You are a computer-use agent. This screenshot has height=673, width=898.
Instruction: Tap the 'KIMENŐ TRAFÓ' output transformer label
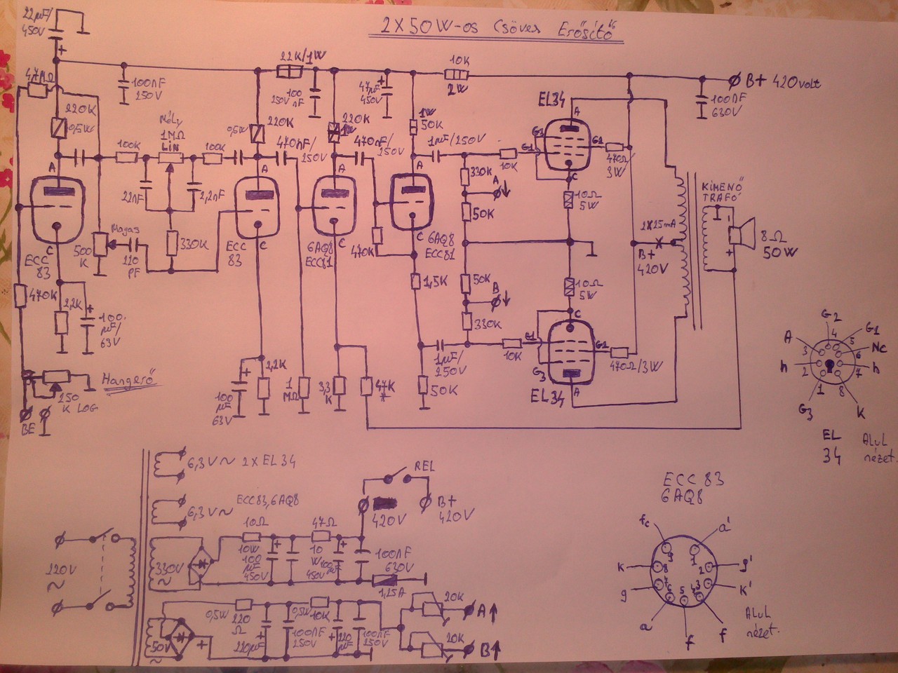tap(723, 195)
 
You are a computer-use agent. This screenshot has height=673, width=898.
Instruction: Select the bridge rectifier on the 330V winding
tap(203, 563)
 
